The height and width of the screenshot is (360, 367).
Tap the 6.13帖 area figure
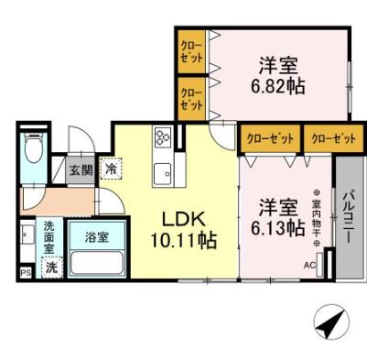tap(280, 229)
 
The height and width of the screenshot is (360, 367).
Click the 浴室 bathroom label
tap(83, 236)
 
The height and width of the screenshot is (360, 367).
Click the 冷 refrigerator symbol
tap(111, 169)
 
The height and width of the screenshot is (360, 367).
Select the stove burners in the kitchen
tap(164, 138)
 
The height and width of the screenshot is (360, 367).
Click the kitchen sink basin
tap(164, 172)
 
